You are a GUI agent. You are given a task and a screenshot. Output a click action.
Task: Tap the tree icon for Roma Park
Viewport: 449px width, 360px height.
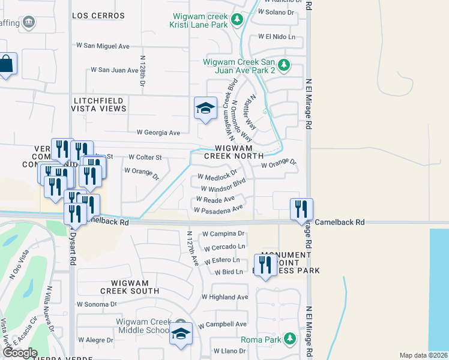[290, 339]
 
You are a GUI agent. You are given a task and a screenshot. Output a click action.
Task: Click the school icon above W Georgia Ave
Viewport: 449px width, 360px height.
[205, 109]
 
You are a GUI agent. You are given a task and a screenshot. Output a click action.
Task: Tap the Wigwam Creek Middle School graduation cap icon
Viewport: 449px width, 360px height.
[180, 334]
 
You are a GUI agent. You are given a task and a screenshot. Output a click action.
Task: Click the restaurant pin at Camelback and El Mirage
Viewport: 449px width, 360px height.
[301, 209]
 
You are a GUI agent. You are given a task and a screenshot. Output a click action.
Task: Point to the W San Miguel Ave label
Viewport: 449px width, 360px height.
[103, 46]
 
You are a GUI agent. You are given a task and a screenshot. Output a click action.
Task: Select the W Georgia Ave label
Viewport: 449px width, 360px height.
[158, 133]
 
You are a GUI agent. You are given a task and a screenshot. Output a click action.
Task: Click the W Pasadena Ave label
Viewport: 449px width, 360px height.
[218, 209]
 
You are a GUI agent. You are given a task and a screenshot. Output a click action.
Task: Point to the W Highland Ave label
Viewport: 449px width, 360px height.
[224, 297]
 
